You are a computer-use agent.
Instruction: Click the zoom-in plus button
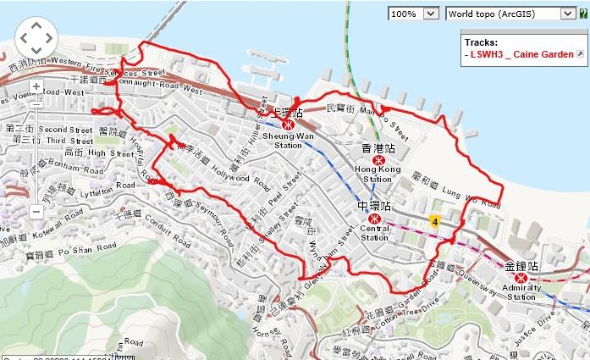click(36, 86)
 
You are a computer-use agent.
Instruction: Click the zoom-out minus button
click(36, 212)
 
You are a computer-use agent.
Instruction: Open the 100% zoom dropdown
click(415, 14)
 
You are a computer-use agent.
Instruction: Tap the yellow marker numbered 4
click(435, 221)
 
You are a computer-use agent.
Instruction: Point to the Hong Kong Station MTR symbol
click(378, 158)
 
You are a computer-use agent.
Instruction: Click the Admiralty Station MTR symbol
click(521, 276)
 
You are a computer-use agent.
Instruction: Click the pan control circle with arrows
click(36, 37)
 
